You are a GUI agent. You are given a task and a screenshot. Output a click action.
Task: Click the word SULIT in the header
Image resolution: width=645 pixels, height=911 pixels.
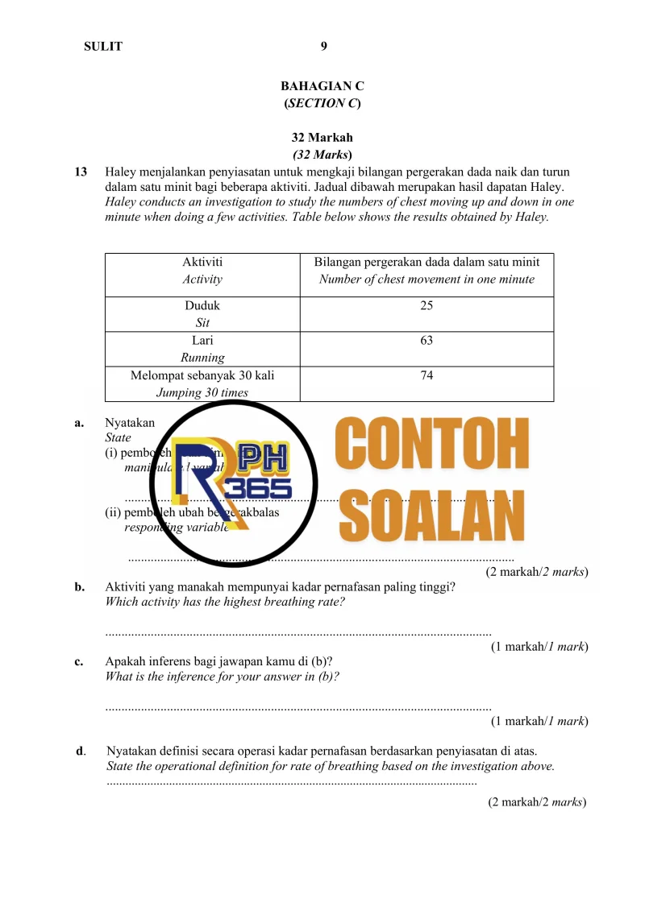(103, 47)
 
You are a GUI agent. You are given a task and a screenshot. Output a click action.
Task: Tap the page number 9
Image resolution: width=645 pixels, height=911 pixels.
(323, 46)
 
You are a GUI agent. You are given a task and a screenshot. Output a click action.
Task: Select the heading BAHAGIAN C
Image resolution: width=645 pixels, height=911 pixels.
(322, 85)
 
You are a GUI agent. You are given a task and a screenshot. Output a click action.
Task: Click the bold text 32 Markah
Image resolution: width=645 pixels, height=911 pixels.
(322, 138)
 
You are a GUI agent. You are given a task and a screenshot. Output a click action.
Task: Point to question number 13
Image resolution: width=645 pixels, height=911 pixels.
(81, 172)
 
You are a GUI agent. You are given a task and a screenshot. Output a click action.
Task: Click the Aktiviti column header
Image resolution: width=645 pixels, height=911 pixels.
(202, 262)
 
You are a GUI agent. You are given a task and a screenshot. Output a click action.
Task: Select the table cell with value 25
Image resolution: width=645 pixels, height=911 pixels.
(427, 306)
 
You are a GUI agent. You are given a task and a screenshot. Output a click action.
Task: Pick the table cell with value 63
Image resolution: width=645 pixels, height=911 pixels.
(427, 341)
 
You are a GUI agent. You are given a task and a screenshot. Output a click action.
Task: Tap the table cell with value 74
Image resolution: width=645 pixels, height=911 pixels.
(427, 375)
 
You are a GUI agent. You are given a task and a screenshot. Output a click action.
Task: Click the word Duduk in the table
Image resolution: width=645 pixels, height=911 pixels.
(202, 306)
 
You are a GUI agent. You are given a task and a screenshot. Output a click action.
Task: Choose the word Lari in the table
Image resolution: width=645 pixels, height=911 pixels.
(202, 341)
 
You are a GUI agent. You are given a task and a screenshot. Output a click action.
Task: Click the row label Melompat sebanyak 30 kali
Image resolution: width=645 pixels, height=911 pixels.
(202, 375)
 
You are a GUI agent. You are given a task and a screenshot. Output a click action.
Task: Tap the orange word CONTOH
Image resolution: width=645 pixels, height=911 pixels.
(431, 441)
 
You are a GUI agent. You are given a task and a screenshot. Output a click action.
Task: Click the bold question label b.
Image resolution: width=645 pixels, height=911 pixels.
(79, 587)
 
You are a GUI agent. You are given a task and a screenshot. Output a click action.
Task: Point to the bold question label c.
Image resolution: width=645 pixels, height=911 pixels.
(79, 662)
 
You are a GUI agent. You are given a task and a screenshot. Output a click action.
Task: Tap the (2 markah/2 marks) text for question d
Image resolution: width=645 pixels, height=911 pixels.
(537, 802)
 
